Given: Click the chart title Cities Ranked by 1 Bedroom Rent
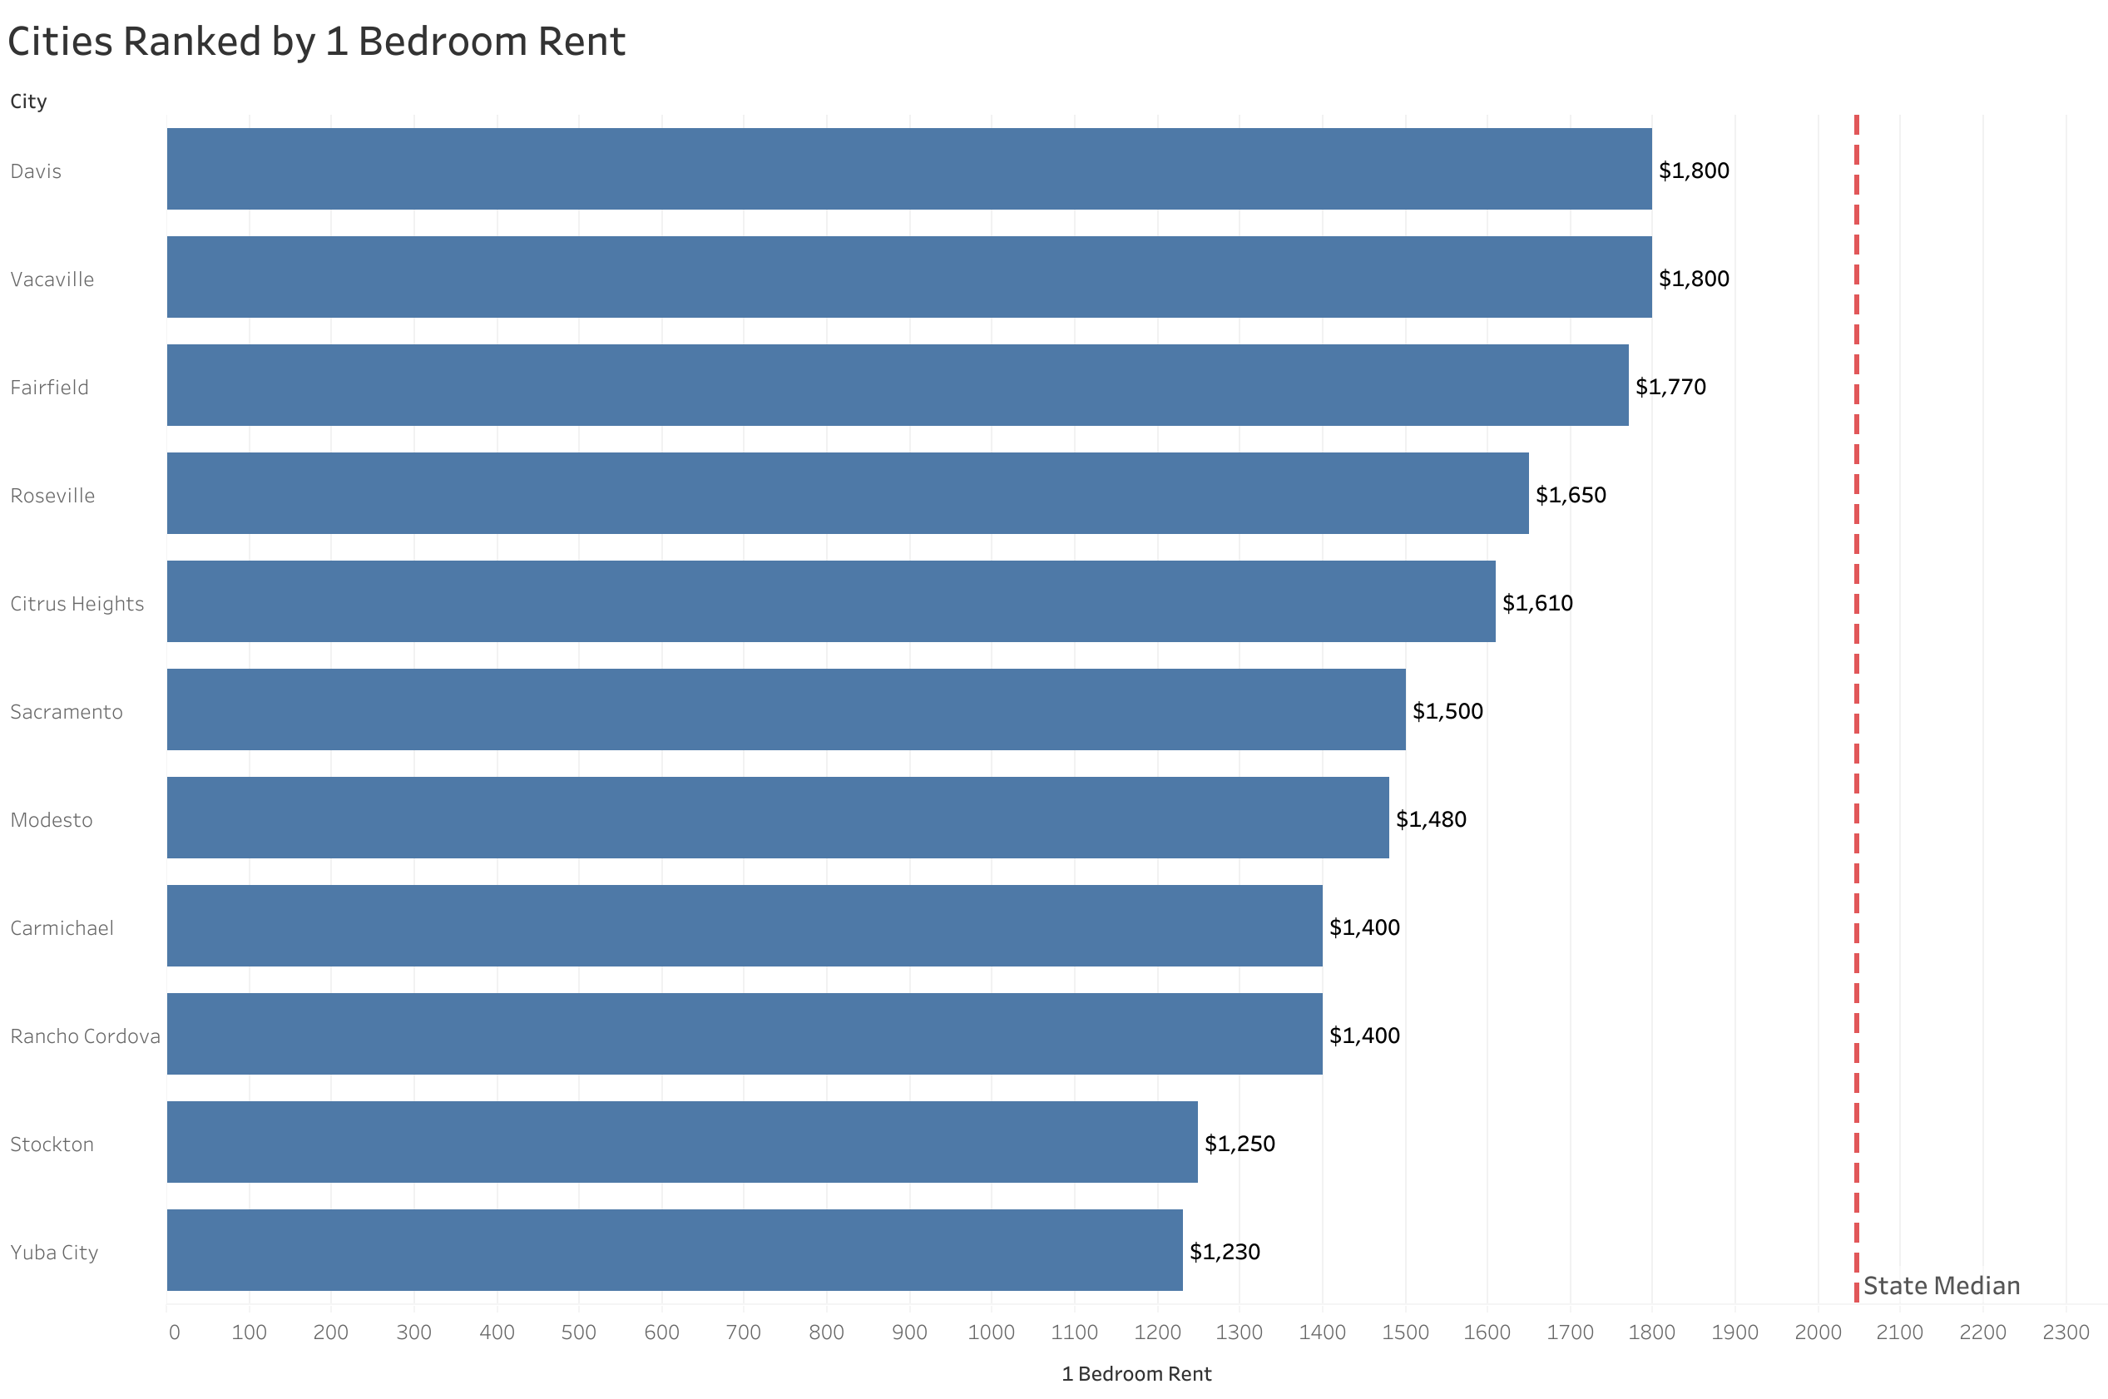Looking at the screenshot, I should (316, 42).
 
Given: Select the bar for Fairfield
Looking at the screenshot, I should (897, 385).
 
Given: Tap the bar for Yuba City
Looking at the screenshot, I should (674, 1250).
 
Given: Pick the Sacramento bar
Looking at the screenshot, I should (785, 709).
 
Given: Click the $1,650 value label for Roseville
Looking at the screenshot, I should (1570, 495).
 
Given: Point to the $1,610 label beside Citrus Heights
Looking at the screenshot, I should (1537, 603).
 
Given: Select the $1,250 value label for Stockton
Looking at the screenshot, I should (1240, 1144).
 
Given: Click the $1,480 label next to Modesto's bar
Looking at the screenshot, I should (1430, 819).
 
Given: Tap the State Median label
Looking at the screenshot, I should (1941, 1286).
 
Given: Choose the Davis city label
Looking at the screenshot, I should (36, 171).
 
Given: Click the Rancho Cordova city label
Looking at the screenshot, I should (85, 1036).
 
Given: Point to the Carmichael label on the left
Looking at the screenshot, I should (62, 928).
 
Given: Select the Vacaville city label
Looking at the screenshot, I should (52, 279).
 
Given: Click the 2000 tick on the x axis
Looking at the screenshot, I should (1817, 1332).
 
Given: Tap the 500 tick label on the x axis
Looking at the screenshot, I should (578, 1332).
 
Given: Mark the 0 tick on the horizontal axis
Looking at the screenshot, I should (174, 1332).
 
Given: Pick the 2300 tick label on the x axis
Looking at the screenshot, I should (2066, 1332).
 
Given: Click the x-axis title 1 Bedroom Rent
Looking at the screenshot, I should (1136, 1374).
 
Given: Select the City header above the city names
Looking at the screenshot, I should (28, 101).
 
